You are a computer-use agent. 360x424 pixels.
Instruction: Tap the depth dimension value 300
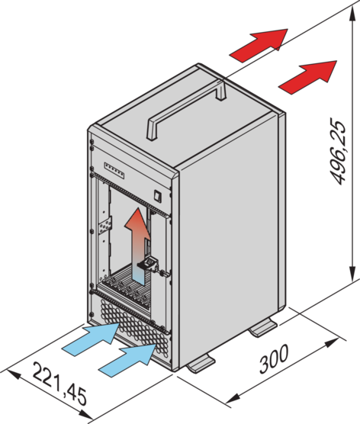click(x=274, y=358)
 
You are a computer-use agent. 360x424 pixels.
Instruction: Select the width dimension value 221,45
click(x=59, y=384)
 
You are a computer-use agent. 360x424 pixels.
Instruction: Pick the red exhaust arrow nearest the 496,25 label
click(x=308, y=77)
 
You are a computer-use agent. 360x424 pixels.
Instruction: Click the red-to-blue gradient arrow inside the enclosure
click(x=137, y=244)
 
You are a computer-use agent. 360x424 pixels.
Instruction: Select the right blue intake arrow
click(x=127, y=360)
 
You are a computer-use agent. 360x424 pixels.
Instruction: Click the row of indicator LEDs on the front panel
click(x=114, y=171)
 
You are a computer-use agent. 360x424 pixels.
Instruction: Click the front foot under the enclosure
click(x=201, y=365)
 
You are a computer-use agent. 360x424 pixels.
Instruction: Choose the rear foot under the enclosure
click(x=263, y=327)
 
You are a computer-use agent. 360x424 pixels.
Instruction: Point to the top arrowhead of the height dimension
click(x=352, y=14)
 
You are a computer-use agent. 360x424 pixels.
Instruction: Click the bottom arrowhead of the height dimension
click(x=352, y=273)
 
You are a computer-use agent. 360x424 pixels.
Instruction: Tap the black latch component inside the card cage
click(x=148, y=264)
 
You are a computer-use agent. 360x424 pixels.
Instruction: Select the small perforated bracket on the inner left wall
click(x=105, y=226)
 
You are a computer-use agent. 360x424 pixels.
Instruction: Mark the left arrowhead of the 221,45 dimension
click(x=13, y=374)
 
